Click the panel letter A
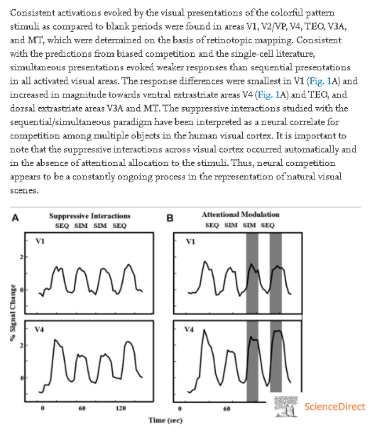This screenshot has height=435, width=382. pos(16,218)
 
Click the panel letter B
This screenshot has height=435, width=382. pos(170,218)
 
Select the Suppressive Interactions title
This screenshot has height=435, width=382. pos(89,216)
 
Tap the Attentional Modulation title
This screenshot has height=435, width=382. pos(241,214)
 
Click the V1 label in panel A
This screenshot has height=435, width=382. pos(40,241)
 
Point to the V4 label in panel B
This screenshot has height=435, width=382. pos(189,329)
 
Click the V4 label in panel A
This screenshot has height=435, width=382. pos(39,329)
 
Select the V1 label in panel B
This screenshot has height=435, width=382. pos(190,241)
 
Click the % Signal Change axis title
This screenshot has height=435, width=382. pos(13,313)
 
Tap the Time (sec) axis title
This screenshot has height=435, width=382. pos(165,420)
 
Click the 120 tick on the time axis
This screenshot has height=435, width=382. pos(121,408)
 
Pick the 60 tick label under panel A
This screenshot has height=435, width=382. pos(82,408)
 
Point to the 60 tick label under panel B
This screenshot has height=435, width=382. pos(227,408)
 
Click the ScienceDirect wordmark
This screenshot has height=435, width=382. pos(334,407)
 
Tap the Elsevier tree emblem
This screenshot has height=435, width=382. pos(285,407)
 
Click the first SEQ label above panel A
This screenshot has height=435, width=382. pos(62,226)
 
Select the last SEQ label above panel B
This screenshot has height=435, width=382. pos(268,225)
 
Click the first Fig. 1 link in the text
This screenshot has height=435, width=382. pos(320,81)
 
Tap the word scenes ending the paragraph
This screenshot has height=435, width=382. pos(24,190)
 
